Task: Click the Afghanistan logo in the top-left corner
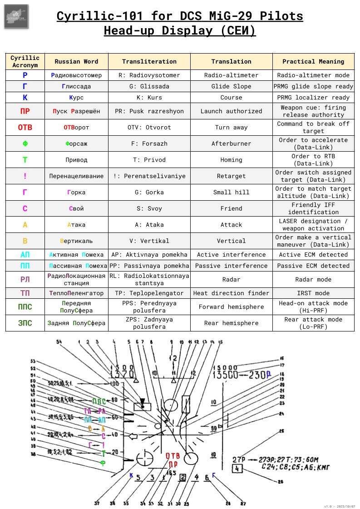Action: [x=16, y=17]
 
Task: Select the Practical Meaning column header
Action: [x=313, y=61]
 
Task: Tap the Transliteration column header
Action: [x=149, y=61]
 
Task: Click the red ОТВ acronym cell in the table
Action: [x=25, y=128]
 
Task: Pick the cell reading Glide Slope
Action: [x=231, y=86]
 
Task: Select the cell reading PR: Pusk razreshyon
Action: [x=149, y=111]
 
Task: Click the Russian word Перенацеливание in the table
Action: [x=76, y=176]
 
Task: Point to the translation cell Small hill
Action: [x=231, y=193]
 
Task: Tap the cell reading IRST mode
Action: [x=313, y=293]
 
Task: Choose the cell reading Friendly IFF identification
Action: [x=313, y=209]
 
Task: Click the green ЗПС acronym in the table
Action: [x=25, y=323]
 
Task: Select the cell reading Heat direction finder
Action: [x=231, y=293]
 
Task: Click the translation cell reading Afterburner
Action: [x=231, y=144]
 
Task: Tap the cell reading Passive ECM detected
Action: [x=313, y=266]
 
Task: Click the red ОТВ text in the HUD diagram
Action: [x=173, y=456]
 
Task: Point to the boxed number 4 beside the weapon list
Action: [x=237, y=469]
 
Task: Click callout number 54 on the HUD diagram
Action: [x=59, y=341]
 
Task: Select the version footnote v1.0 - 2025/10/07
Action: [x=340, y=506]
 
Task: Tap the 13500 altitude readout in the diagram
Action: [x=226, y=375]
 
